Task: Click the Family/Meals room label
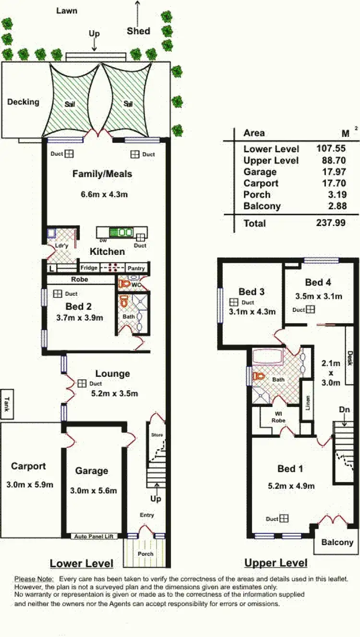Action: pyautogui.click(x=102, y=174)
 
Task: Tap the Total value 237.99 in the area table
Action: pyautogui.click(x=331, y=223)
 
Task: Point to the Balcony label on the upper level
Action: pyautogui.click(x=337, y=542)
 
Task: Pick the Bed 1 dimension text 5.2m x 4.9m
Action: pyautogui.click(x=291, y=486)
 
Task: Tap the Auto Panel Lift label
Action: pyautogui.click(x=94, y=536)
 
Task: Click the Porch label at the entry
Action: pyautogui.click(x=145, y=553)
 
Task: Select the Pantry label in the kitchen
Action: pyautogui.click(x=136, y=268)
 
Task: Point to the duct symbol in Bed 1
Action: pyautogui.click(x=285, y=518)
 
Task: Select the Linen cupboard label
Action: pyautogui.click(x=308, y=402)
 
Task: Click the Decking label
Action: pyautogui.click(x=23, y=102)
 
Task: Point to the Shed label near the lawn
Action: pyautogui.click(x=138, y=31)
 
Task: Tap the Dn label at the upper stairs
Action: pyautogui.click(x=344, y=410)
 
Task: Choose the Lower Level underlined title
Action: pyautogui.click(x=82, y=563)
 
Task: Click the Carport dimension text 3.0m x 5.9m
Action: pyautogui.click(x=29, y=484)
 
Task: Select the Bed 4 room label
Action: pyautogui.click(x=317, y=282)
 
